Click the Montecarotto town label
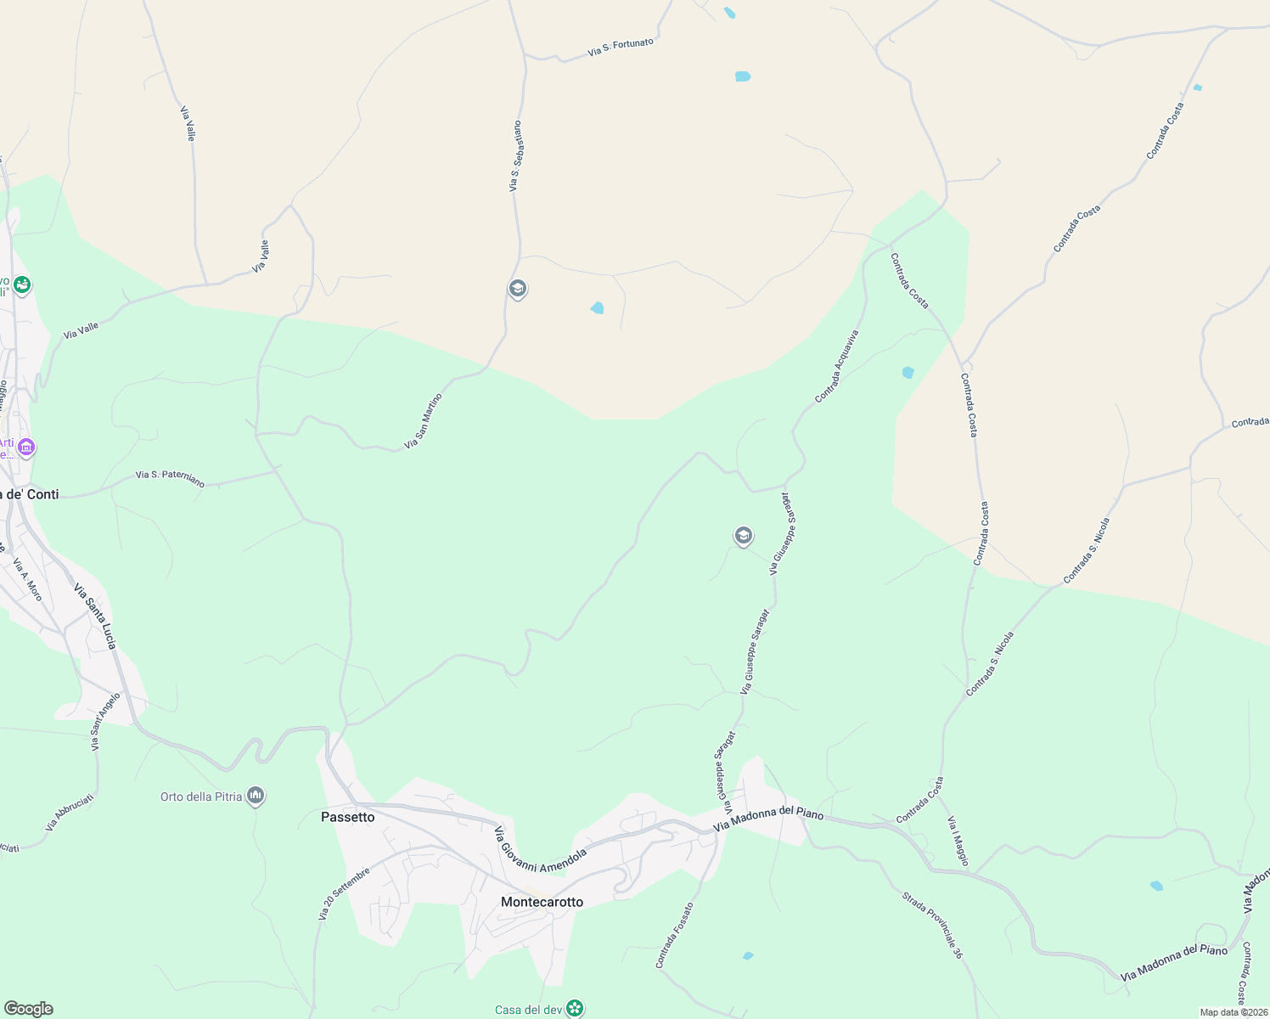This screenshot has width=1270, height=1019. [x=542, y=902]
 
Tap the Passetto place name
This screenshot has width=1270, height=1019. [x=347, y=817]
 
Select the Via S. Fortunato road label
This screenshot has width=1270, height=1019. [x=621, y=48]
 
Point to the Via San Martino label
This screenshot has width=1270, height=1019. [x=423, y=421]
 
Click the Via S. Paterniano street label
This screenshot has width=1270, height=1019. [x=170, y=479]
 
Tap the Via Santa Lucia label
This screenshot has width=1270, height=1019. [x=94, y=616]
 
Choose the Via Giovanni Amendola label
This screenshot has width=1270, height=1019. [x=541, y=848]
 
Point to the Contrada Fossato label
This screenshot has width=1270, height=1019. [x=674, y=935]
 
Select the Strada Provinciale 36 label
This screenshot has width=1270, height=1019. [x=932, y=925]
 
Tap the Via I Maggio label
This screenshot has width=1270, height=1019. [x=958, y=841]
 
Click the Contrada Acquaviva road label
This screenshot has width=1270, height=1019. [x=837, y=366]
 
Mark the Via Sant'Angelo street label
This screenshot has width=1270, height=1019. [x=106, y=721]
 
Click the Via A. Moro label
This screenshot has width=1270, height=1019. [x=27, y=579]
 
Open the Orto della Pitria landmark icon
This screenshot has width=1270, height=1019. [x=256, y=797]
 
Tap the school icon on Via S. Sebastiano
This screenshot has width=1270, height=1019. [x=517, y=290]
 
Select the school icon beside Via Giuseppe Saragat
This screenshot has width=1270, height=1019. [x=743, y=536]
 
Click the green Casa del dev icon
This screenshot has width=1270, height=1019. [x=575, y=1009]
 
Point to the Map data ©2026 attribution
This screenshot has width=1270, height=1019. [x=1233, y=1012]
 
